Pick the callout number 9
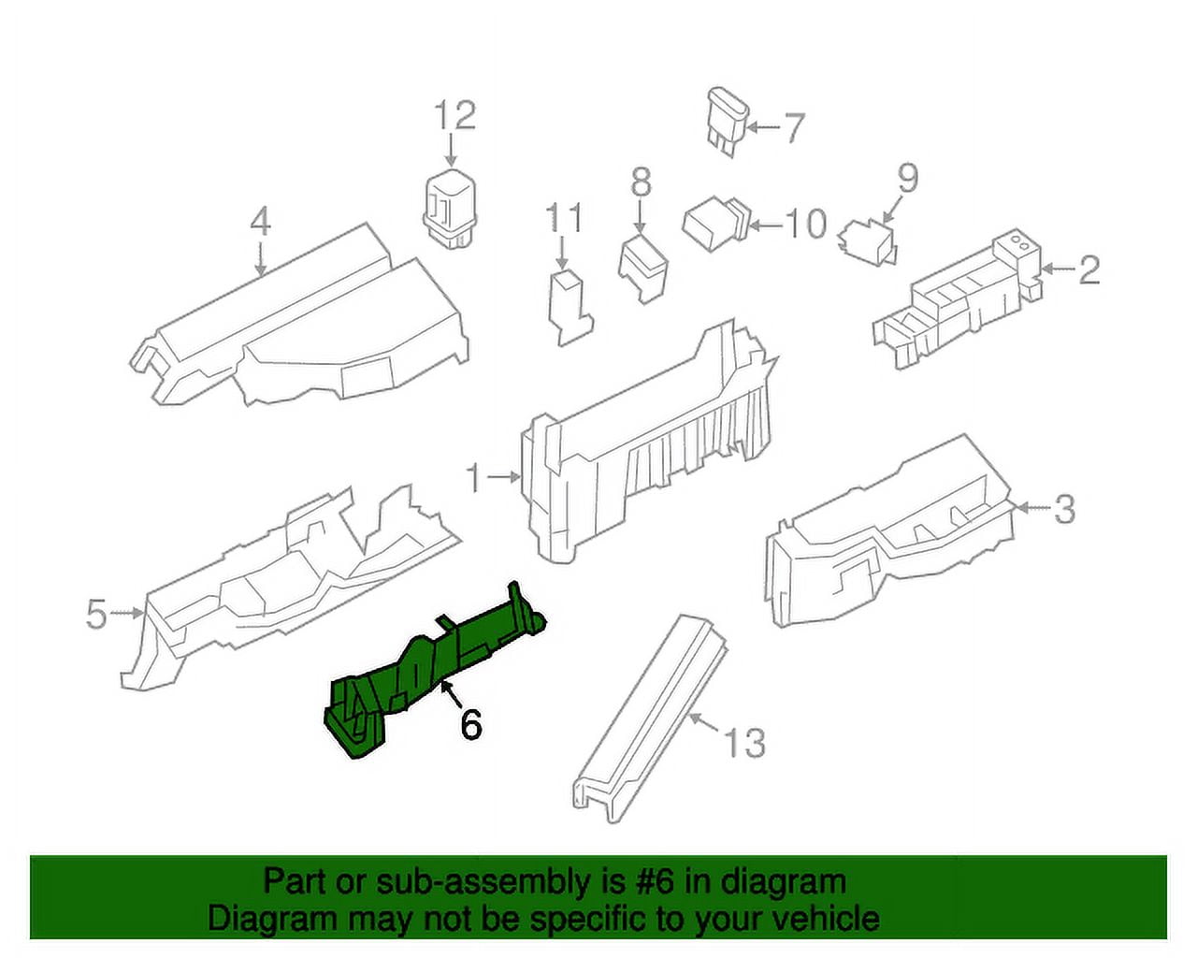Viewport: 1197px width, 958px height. (908, 178)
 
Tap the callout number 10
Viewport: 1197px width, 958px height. (805, 225)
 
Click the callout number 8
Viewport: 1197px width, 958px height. (641, 182)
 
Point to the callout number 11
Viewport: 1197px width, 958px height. (563, 218)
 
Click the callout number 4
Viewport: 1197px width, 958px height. (260, 222)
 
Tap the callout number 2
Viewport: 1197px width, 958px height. (1089, 270)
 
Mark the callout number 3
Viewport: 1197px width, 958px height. (1064, 509)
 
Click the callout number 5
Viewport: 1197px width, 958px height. (96, 615)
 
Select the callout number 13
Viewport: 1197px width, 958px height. (744, 743)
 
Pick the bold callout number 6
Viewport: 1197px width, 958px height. (470, 724)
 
